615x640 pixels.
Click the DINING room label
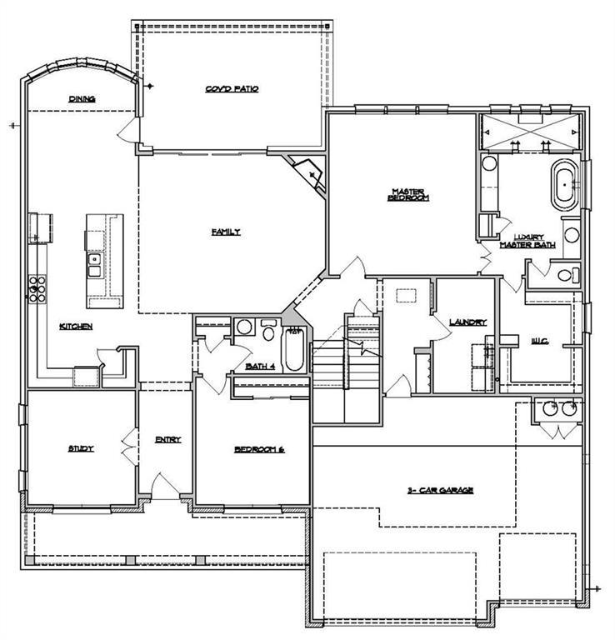click(82, 98)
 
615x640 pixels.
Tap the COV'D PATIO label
click(232, 88)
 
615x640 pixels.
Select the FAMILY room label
click(225, 232)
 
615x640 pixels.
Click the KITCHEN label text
click(75, 326)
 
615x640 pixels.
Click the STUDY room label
click(81, 448)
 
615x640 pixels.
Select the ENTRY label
click(168, 440)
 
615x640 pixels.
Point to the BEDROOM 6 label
click(259, 449)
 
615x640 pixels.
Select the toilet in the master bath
click(567, 274)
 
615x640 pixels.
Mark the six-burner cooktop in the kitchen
click(37, 287)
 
